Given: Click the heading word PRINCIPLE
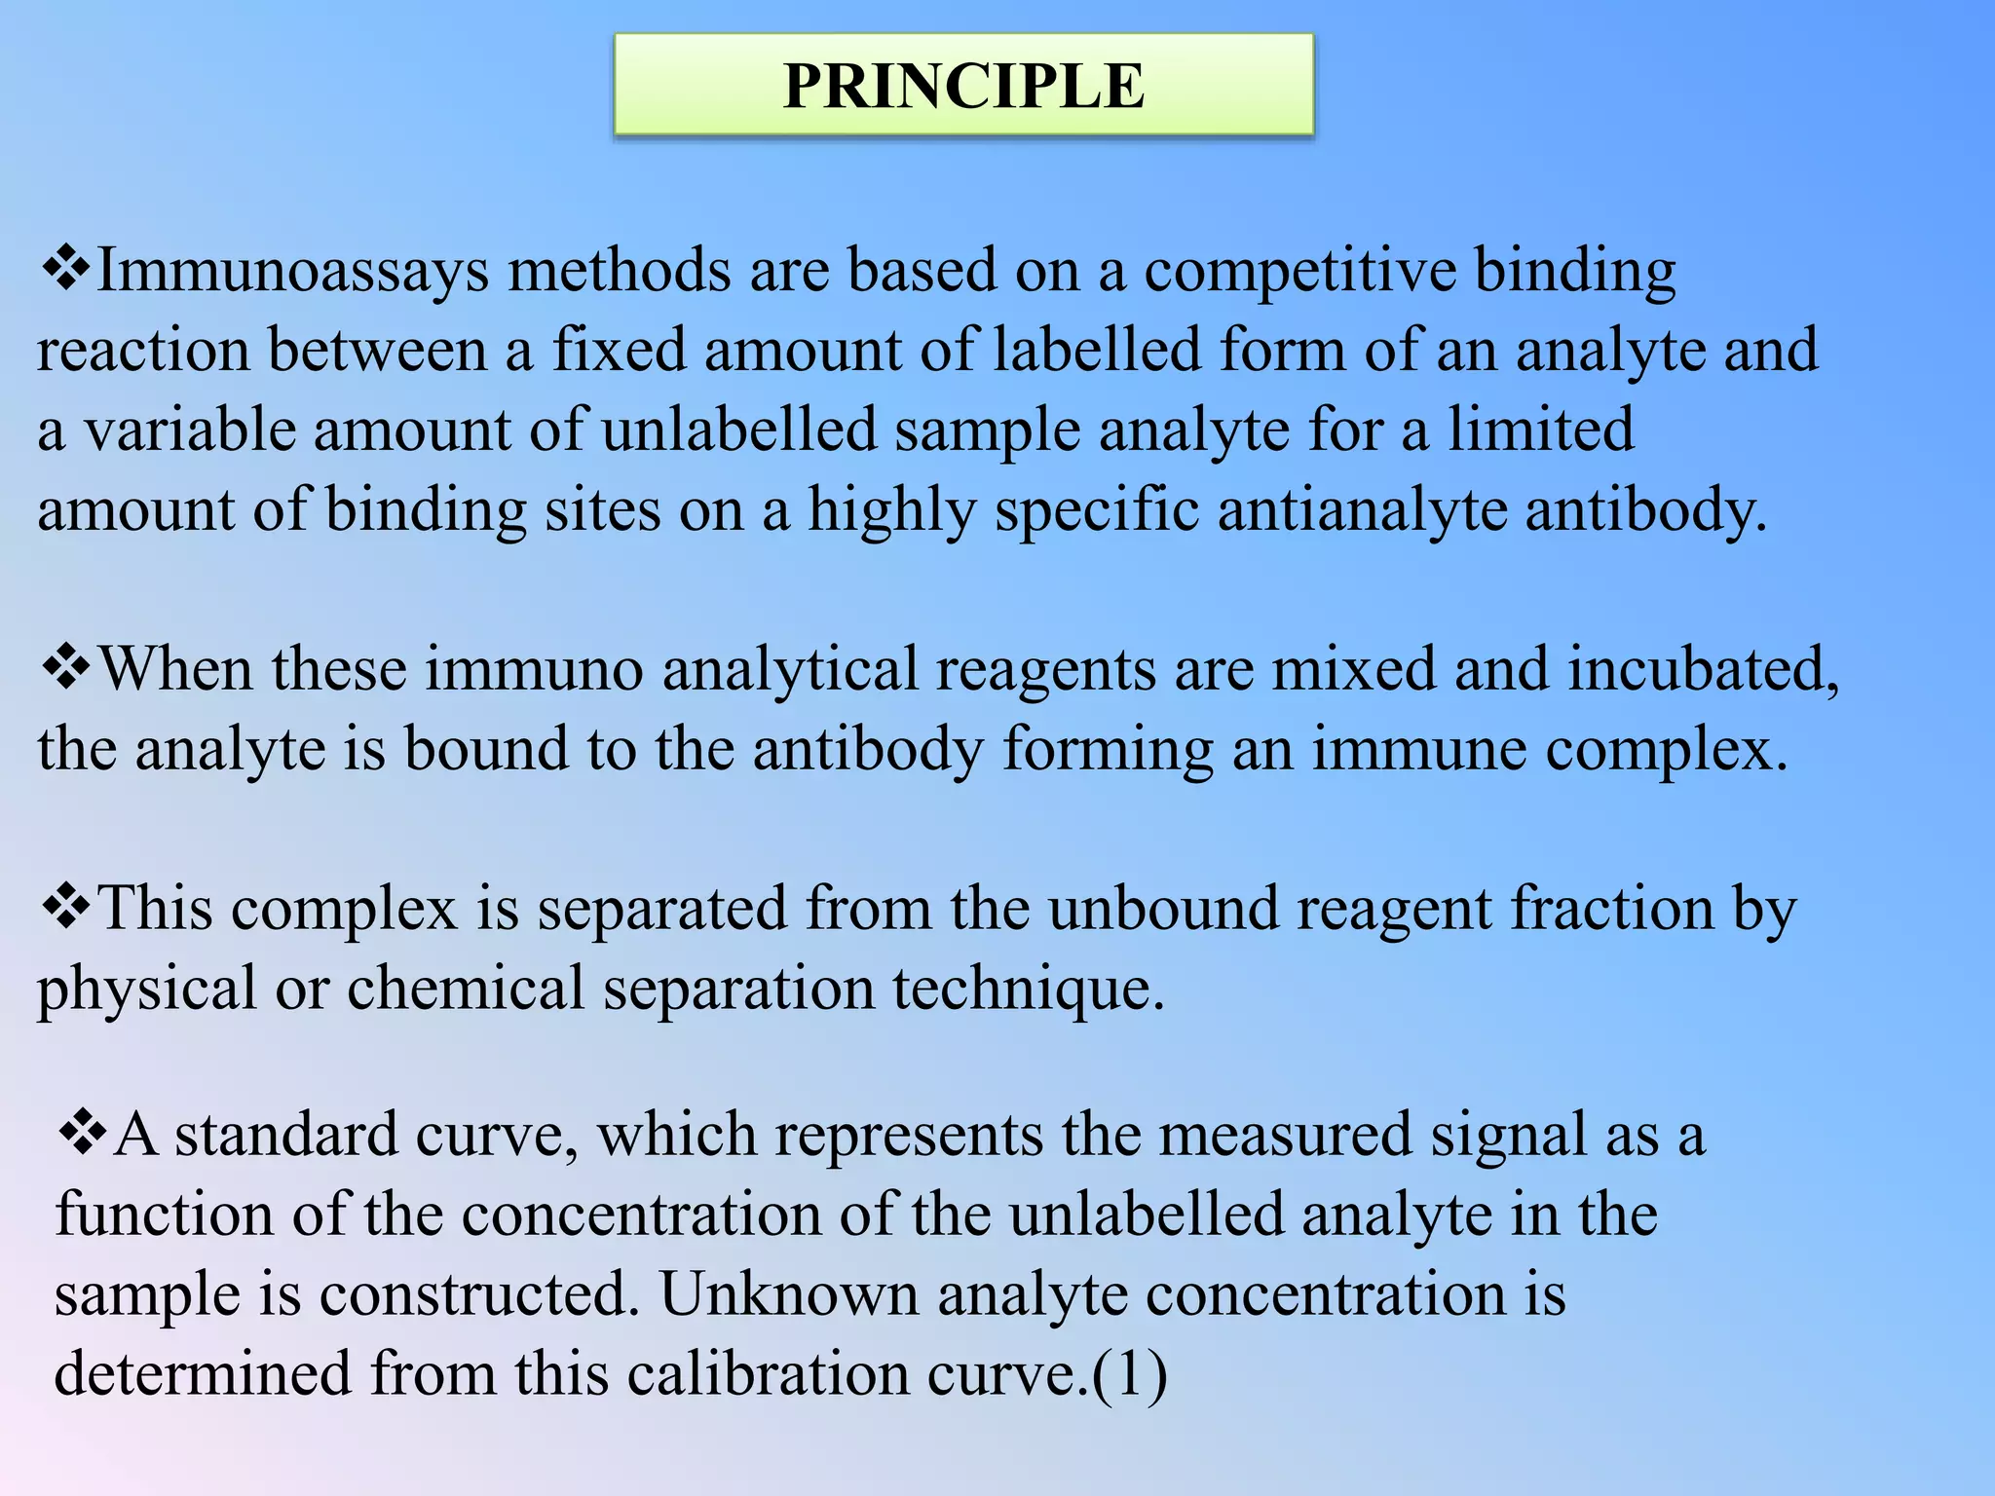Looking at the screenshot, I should tap(963, 86).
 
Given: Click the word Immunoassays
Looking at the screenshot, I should tap(292, 271).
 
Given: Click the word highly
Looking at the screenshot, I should tap(891, 510).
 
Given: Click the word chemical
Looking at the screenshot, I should tap(466, 989).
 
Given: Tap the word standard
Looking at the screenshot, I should tap(286, 1135).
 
